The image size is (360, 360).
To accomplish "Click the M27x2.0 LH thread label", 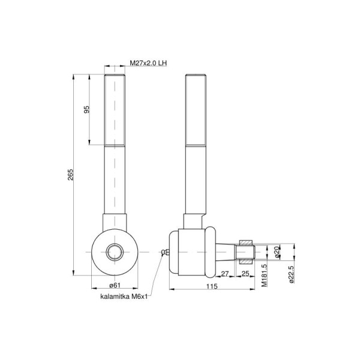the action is click(148, 63).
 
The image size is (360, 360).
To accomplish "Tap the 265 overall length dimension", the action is click(70, 175).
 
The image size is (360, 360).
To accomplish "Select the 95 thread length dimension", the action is click(86, 110).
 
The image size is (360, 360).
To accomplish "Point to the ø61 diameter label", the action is click(115, 285).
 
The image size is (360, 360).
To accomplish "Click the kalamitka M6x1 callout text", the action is click(124, 296).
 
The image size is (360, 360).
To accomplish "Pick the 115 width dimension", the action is click(212, 286).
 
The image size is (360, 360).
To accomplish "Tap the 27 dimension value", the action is click(225, 274).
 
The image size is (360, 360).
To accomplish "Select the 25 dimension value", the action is click(245, 274).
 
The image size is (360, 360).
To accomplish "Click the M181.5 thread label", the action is click(265, 275).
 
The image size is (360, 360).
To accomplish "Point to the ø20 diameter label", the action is click(277, 252).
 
